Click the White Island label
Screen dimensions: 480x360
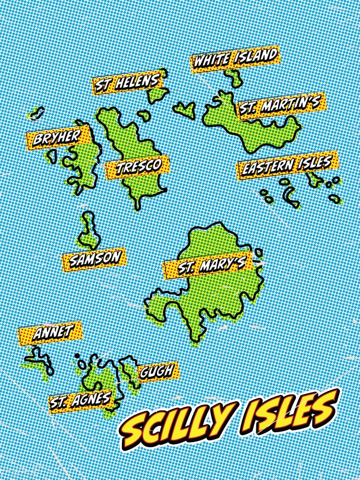coord(235,59)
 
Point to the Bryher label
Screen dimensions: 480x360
coord(57,138)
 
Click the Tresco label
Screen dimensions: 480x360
coord(138,167)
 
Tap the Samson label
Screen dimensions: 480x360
coord(94,259)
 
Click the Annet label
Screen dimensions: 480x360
coord(50,332)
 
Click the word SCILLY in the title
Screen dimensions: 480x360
coord(180,423)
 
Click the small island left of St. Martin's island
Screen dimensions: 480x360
coord(185,109)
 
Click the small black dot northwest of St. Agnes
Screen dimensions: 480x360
coord(77,356)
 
